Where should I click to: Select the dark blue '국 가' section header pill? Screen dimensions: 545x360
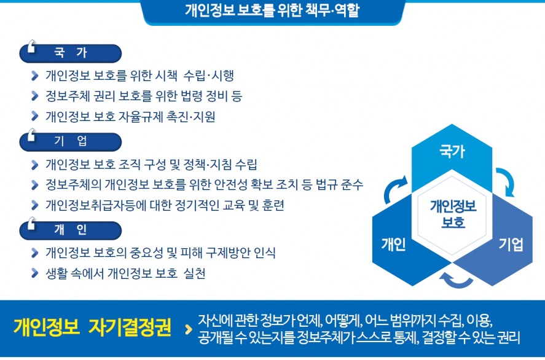point(71,53)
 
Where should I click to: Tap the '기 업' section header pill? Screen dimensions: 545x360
point(71,142)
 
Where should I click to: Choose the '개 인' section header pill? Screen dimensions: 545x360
point(71,230)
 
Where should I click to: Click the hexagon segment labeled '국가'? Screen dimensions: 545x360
point(452,153)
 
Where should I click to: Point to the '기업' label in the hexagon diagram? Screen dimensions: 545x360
point(511,245)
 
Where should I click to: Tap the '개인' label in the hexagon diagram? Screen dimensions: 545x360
point(393,245)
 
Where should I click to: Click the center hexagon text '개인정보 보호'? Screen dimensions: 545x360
point(453,214)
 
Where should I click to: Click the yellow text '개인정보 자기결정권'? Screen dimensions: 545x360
point(92,327)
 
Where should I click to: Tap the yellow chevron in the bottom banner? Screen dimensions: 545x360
point(189,329)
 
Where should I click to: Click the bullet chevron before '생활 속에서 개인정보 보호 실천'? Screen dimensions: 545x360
point(34,273)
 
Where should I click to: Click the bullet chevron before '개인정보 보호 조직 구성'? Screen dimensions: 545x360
point(34,165)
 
